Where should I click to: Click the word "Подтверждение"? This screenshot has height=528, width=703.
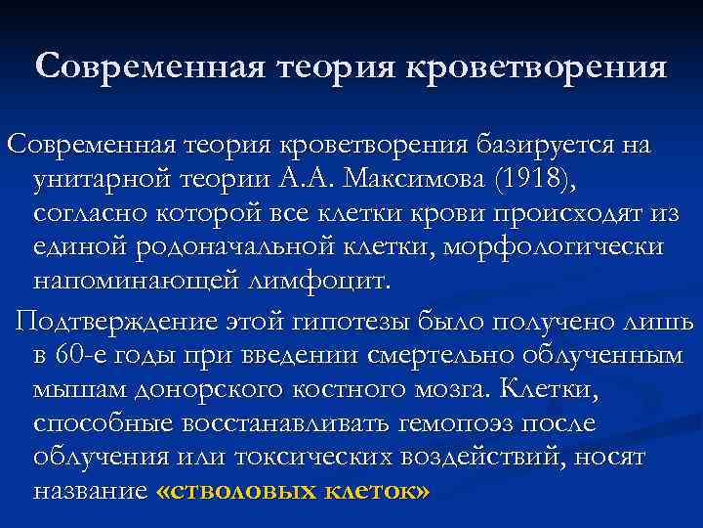tap(114, 322)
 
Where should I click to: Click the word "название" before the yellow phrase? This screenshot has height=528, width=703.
tap(91, 492)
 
